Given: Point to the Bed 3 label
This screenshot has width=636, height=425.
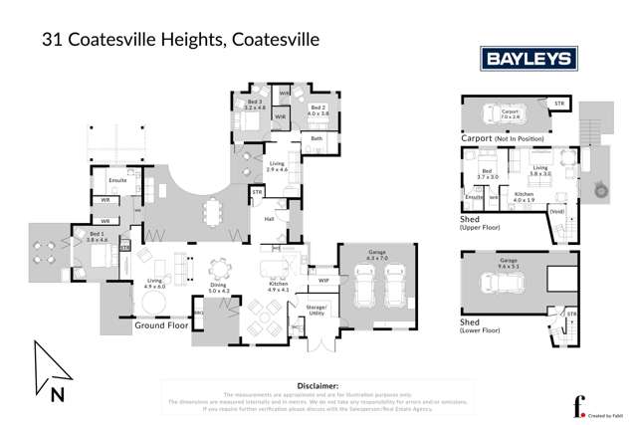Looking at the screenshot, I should click(255, 105).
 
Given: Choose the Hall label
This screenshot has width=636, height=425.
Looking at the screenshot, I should click(268, 219).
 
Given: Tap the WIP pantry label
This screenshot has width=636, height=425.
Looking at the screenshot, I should click(322, 266).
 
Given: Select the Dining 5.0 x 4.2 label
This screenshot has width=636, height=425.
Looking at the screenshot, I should click(218, 289).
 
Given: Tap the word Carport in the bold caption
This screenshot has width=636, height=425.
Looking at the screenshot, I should click(479, 138).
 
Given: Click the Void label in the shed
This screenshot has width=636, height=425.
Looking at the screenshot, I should click(557, 211).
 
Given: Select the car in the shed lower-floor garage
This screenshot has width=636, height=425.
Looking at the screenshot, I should click(511, 283).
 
